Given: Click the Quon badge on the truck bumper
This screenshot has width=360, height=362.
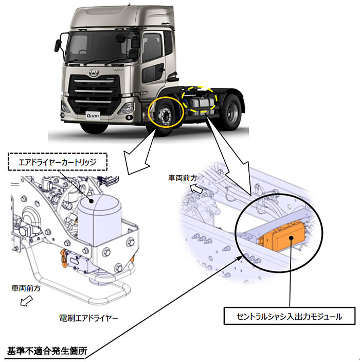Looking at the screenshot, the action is click(x=93, y=116).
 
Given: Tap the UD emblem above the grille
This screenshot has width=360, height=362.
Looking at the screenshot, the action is click(x=94, y=73).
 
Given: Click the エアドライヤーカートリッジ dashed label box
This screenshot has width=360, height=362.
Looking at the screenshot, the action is click(x=58, y=162).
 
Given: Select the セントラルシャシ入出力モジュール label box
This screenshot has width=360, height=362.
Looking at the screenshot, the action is click(x=290, y=316).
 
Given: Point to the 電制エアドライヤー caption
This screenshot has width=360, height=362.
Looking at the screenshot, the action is click(x=88, y=318).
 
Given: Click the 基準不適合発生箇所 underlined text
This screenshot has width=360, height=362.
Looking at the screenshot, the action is click(x=47, y=351).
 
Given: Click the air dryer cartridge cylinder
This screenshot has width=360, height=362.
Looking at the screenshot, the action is click(x=99, y=219).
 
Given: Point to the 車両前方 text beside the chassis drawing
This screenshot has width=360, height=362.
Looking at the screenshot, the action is click(x=183, y=178).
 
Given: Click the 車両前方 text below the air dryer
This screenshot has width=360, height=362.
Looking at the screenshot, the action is click(x=26, y=288).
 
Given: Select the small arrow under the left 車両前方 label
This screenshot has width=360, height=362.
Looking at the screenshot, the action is click(x=26, y=301).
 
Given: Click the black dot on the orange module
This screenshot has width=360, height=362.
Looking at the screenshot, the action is click(x=291, y=238).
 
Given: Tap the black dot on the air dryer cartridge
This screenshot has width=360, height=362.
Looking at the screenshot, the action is click(x=92, y=201).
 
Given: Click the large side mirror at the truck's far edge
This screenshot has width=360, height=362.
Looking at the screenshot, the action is click(x=58, y=45).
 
